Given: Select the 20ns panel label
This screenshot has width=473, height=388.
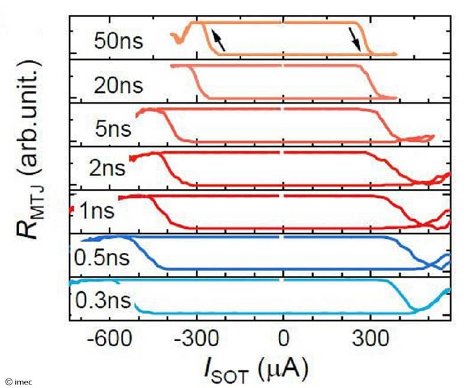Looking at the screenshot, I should pyautogui.click(x=118, y=86).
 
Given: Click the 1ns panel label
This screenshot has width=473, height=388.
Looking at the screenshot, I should pyautogui.click(x=98, y=211).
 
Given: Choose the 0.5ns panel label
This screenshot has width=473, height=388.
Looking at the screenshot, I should pyautogui.click(x=102, y=258).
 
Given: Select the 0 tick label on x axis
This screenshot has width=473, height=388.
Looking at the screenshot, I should pyautogui.click(x=284, y=341).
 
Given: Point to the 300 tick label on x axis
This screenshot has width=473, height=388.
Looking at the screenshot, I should pyautogui.click(x=370, y=341).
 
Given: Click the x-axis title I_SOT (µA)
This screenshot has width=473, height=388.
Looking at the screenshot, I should pyautogui.click(x=260, y=370).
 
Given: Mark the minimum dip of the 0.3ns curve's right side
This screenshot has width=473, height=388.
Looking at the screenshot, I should pyautogui.click(x=416, y=309).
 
